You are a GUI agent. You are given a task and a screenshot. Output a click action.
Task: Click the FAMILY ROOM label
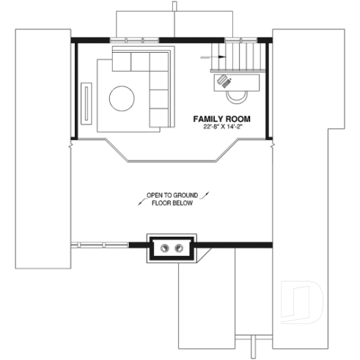(x=222, y=118)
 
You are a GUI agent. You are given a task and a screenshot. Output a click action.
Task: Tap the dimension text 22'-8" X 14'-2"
(x=222, y=127)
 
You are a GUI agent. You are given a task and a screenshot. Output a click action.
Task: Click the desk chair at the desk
(x=237, y=93)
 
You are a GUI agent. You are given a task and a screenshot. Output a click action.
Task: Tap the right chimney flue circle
(x=180, y=248)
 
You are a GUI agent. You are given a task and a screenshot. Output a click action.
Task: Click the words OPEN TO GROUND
(x=172, y=195)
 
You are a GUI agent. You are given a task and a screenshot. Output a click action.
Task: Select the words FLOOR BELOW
(x=172, y=203)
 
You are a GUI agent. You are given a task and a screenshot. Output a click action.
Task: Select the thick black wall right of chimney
(x=235, y=244)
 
